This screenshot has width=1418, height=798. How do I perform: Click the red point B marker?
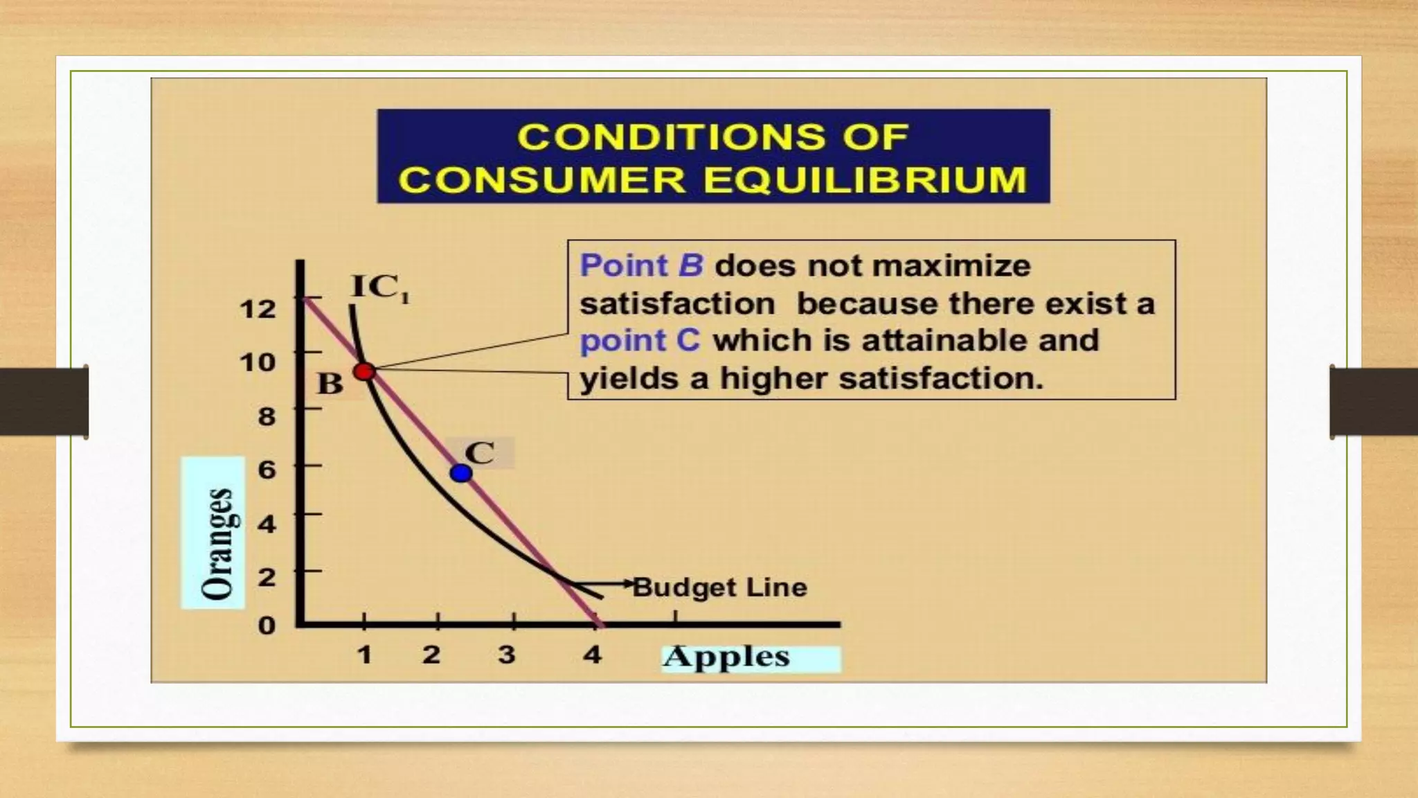364,371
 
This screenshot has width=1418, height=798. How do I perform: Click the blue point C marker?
461,473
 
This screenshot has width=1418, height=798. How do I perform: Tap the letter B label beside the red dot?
330,383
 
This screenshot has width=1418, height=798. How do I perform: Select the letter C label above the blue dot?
479,453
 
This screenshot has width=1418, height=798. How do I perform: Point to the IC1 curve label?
380,287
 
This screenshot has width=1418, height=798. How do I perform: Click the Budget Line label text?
720,587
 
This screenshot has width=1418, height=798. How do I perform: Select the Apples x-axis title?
726,657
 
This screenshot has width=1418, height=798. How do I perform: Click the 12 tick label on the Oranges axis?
258,308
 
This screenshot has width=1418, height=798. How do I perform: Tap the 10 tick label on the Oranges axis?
258,362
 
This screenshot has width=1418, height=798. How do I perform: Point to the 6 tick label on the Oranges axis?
267,470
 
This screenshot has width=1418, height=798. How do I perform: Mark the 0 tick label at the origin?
267,626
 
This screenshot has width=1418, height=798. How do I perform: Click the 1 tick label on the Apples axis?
364,655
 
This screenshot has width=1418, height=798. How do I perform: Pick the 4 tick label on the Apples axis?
591,655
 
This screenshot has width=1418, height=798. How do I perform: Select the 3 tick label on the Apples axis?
507,655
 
